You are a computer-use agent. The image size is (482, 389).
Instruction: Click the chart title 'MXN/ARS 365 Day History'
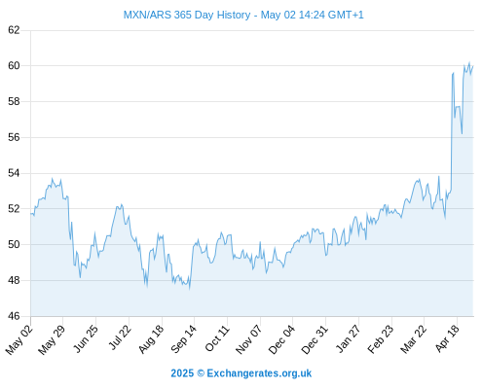[187, 15]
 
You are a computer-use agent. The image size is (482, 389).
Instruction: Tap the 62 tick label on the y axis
[14, 30]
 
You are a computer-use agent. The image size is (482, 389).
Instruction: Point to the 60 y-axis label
[14, 66]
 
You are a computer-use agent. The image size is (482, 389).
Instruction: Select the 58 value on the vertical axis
[14, 101]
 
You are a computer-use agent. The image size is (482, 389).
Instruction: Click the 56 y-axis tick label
[14, 137]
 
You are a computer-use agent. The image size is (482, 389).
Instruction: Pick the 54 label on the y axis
[14, 173]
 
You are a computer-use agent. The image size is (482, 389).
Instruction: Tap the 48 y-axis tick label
[14, 280]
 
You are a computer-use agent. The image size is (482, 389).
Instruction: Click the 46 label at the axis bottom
[14, 316]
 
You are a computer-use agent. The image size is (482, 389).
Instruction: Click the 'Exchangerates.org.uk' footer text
[259, 373]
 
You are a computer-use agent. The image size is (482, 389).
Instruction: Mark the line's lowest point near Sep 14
[190, 289]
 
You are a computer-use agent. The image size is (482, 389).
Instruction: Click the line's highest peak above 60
[469, 62]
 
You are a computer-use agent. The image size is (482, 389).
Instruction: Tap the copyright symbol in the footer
[201, 373]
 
